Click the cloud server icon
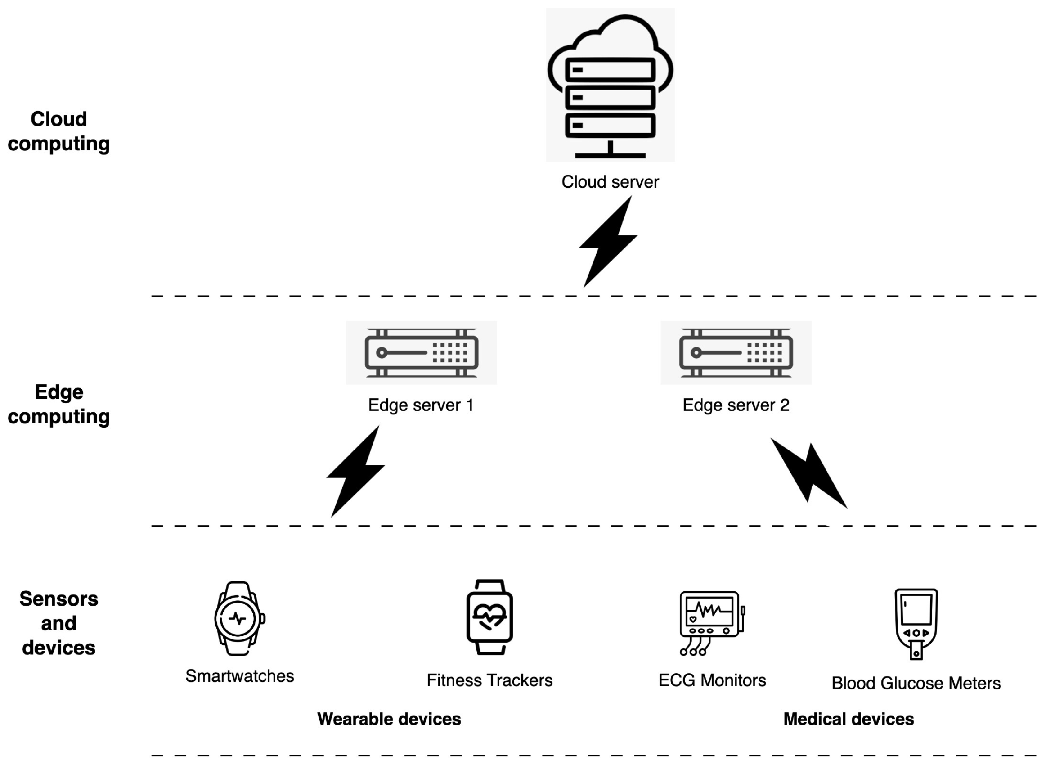pos(610,86)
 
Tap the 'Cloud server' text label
pos(610,182)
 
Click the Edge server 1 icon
pos(421,353)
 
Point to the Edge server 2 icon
pos(736,353)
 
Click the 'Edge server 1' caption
pos(421,405)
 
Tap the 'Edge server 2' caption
pos(736,405)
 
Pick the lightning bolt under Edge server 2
pos(809,473)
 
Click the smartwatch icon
pos(238,618)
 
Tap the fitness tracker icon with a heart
pos(489,617)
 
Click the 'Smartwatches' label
pos(239,676)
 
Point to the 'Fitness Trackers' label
pos(489,680)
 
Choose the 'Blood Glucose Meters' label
pos(916,683)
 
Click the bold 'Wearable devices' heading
pos(389,719)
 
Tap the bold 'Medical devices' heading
pos(848,719)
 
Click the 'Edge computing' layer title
pos(58,404)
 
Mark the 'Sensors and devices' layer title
pos(58,623)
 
